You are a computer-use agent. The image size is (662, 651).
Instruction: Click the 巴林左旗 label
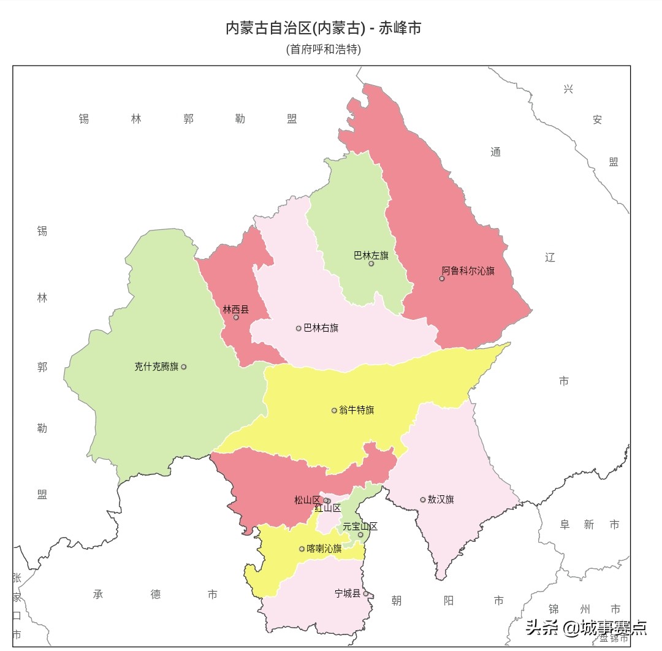tap(371, 256)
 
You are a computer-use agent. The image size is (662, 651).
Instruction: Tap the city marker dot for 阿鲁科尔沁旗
tap(441, 278)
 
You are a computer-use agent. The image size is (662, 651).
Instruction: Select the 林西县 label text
tap(235, 310)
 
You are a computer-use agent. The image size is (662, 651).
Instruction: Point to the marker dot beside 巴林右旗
tap(299, 329)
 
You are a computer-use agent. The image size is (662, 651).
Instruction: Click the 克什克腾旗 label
tap(156, 367)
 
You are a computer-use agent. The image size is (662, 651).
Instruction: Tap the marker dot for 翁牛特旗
tap(334, 411)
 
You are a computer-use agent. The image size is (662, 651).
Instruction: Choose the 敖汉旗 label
tap(441, 500)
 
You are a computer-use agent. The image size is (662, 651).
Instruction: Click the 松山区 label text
tap(307, 500)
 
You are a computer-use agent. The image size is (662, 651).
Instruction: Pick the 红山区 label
tap(327, 508)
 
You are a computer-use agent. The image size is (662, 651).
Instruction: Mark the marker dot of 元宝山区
tap(360, 535)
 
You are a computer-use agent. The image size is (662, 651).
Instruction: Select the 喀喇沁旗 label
tap(324, 549)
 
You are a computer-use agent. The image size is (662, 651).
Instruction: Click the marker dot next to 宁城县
tap(365, 593)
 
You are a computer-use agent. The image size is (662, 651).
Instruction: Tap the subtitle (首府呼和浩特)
tap(324, 49)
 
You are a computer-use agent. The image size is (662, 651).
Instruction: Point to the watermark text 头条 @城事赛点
tap(586, 627)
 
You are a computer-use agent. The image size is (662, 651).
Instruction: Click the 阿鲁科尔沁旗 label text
tap(468, 271)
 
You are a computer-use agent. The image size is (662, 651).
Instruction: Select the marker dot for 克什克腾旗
tap(183, 367)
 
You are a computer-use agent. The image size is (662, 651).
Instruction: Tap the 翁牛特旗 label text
tap(356, 410)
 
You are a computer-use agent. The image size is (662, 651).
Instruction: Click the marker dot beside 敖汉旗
tap(422, 500)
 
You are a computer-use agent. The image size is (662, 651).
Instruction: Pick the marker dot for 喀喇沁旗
tap(302, 549)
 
